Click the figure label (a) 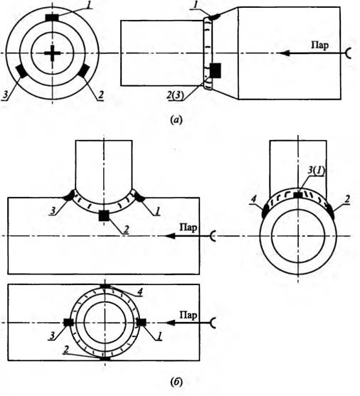click(x=176, y=119)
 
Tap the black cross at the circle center click(x=53, y=53)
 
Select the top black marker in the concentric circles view click(x=52, y=18)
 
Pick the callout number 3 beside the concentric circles click(x=5, y=95)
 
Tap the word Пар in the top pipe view click(x=320, y=46)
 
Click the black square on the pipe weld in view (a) click(x=216, y=70)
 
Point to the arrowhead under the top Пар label click(x=284, y=53)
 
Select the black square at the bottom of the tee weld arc click(x=104, y=215)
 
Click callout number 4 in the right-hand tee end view click(x=253, y=199)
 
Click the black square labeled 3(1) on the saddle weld click(x=298, y=195)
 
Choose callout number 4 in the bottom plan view click(x=140, y=292)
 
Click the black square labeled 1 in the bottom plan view click(x=142, y=322)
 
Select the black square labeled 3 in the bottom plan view click(x=68, y=322)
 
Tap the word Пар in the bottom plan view click(x=188, y=315)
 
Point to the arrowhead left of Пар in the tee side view click(x=170, y=235)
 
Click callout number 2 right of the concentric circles click(x=101, y=95)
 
